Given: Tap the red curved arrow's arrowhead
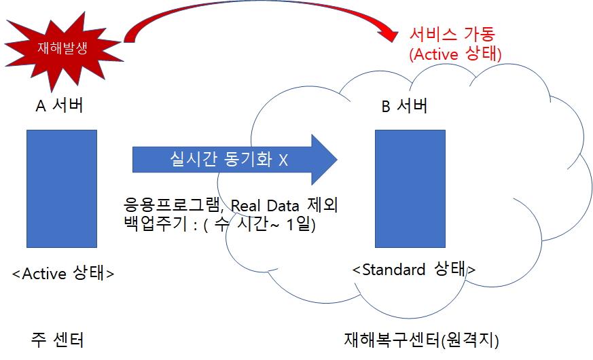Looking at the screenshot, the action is [389, 35].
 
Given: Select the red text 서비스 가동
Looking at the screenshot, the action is [452, 34].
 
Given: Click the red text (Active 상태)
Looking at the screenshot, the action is [455, 54].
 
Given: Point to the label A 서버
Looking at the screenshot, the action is [59, 105].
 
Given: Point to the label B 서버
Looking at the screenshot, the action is [404, 105].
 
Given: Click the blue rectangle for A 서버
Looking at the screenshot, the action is [62, 189].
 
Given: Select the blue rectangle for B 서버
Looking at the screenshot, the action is [410, 189].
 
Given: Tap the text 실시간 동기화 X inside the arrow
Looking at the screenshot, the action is [229, 159].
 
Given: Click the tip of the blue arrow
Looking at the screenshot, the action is [337, 160].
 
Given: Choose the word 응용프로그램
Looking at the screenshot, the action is [172, 205].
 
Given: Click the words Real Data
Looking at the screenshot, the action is [265, 206].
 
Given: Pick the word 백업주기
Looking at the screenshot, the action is [156, 224].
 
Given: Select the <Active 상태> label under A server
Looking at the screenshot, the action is [63, 273].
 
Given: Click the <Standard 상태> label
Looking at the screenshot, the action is [414, 269].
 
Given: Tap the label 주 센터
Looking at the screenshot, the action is [58, 340].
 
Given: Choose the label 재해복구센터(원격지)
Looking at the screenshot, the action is [422, 340].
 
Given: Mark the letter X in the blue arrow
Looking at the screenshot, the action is [283, 160].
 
